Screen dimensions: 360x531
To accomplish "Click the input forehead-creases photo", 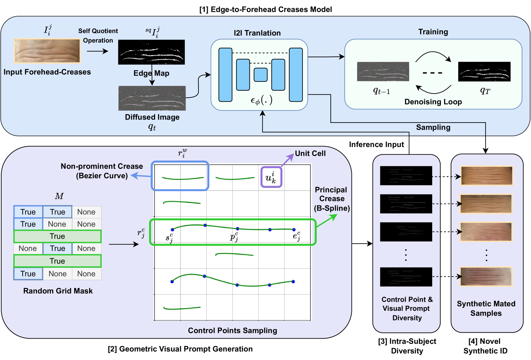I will point(47,51).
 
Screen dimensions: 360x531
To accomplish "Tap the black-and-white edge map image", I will point(151,52).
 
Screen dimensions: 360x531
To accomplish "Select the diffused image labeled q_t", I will point(152,98).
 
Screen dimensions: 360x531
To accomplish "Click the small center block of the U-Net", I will point(261,75).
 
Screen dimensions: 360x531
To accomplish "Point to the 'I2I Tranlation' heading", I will point(257,33).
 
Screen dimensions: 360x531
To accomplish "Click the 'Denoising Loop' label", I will point(433,102).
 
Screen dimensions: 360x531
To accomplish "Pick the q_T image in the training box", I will point(484,72).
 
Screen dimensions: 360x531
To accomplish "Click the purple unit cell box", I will point(271,177).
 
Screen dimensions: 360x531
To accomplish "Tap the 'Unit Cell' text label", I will point(310,153).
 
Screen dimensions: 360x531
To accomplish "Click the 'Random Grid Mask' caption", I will point(58,291).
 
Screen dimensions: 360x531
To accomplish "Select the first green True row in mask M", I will point(57,236).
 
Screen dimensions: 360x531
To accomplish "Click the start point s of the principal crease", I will point(172,229).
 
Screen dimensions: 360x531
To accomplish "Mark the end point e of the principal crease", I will point(294,229).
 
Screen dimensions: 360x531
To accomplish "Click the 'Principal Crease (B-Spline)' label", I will point(331,199).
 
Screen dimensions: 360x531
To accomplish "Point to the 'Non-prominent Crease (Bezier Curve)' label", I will point(102,171).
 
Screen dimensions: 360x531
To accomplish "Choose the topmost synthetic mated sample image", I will point(487,176).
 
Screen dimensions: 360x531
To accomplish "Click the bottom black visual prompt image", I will point(406,277).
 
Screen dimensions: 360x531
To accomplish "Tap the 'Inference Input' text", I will point(376,144).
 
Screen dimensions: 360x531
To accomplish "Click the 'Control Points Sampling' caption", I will point(232,330).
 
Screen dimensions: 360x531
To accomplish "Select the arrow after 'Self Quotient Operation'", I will point(97,51).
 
